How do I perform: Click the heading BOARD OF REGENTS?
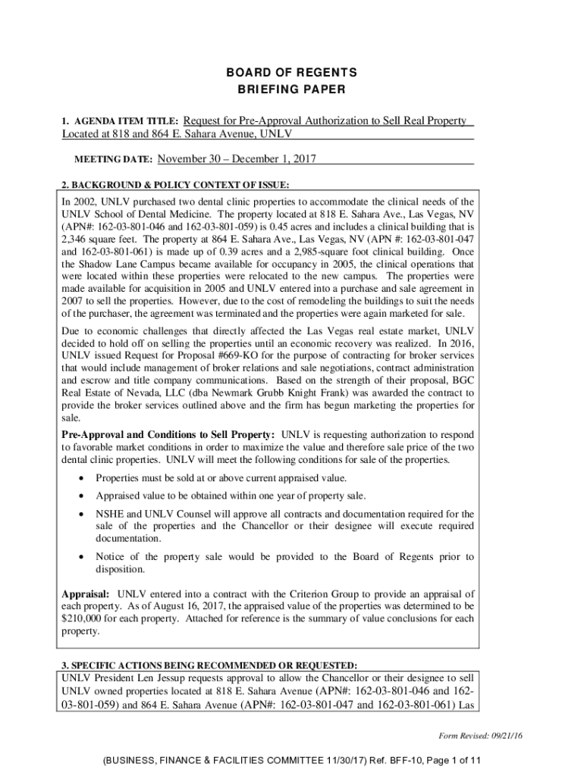click(292, 73)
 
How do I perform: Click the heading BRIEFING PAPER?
click(292, 90)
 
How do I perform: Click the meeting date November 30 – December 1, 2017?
click(237, 159)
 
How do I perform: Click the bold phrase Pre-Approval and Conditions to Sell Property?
click(168, 434)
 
